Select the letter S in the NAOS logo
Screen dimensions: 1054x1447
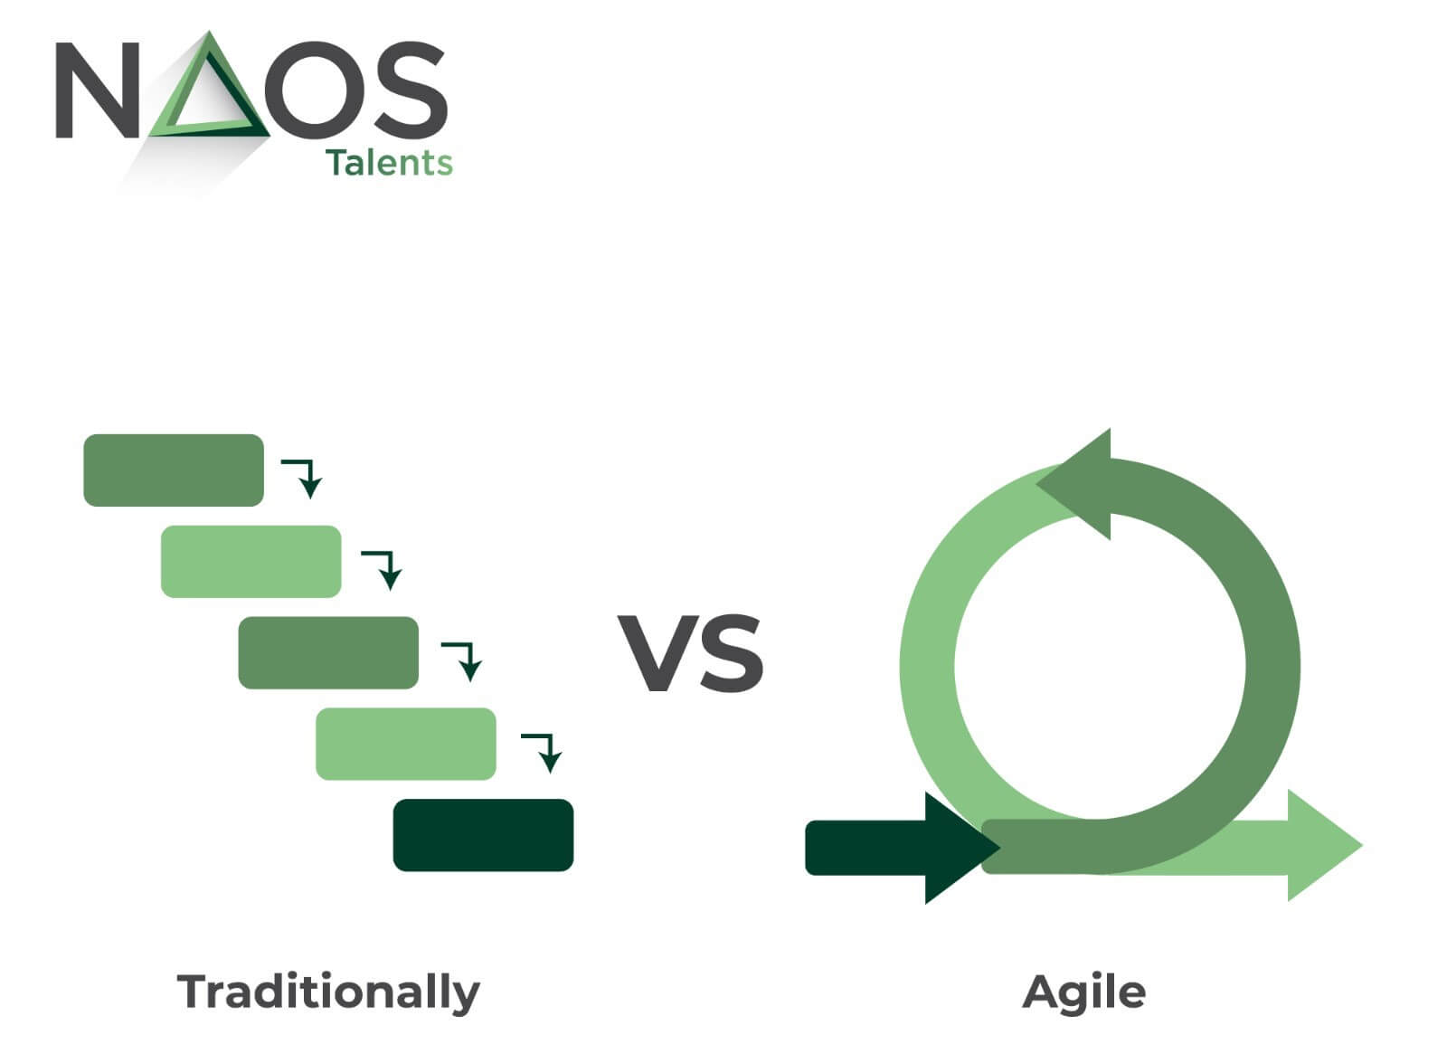(407, 89)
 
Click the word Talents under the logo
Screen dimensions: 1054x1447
(389, 163)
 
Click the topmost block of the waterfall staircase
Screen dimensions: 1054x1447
(174, 470)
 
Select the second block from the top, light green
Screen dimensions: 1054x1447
(251, 561)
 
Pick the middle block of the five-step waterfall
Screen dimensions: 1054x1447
(328, 652)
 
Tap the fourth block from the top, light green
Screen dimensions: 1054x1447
(405, 744)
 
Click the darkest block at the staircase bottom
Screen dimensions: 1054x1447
(483, 835)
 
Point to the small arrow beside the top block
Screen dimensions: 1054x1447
(304, 477)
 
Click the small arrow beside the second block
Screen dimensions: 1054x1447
(383, 568)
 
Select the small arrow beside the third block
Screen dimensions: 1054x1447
(463, 660)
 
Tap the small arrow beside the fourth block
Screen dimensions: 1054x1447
(544, 751)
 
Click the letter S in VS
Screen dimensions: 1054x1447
(729, 653)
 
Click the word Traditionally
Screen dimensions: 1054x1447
(328, 992)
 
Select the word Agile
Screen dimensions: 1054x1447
(1084, 992)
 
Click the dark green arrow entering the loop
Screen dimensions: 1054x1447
(895, 848)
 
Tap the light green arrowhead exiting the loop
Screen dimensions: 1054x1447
(1320, 845)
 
